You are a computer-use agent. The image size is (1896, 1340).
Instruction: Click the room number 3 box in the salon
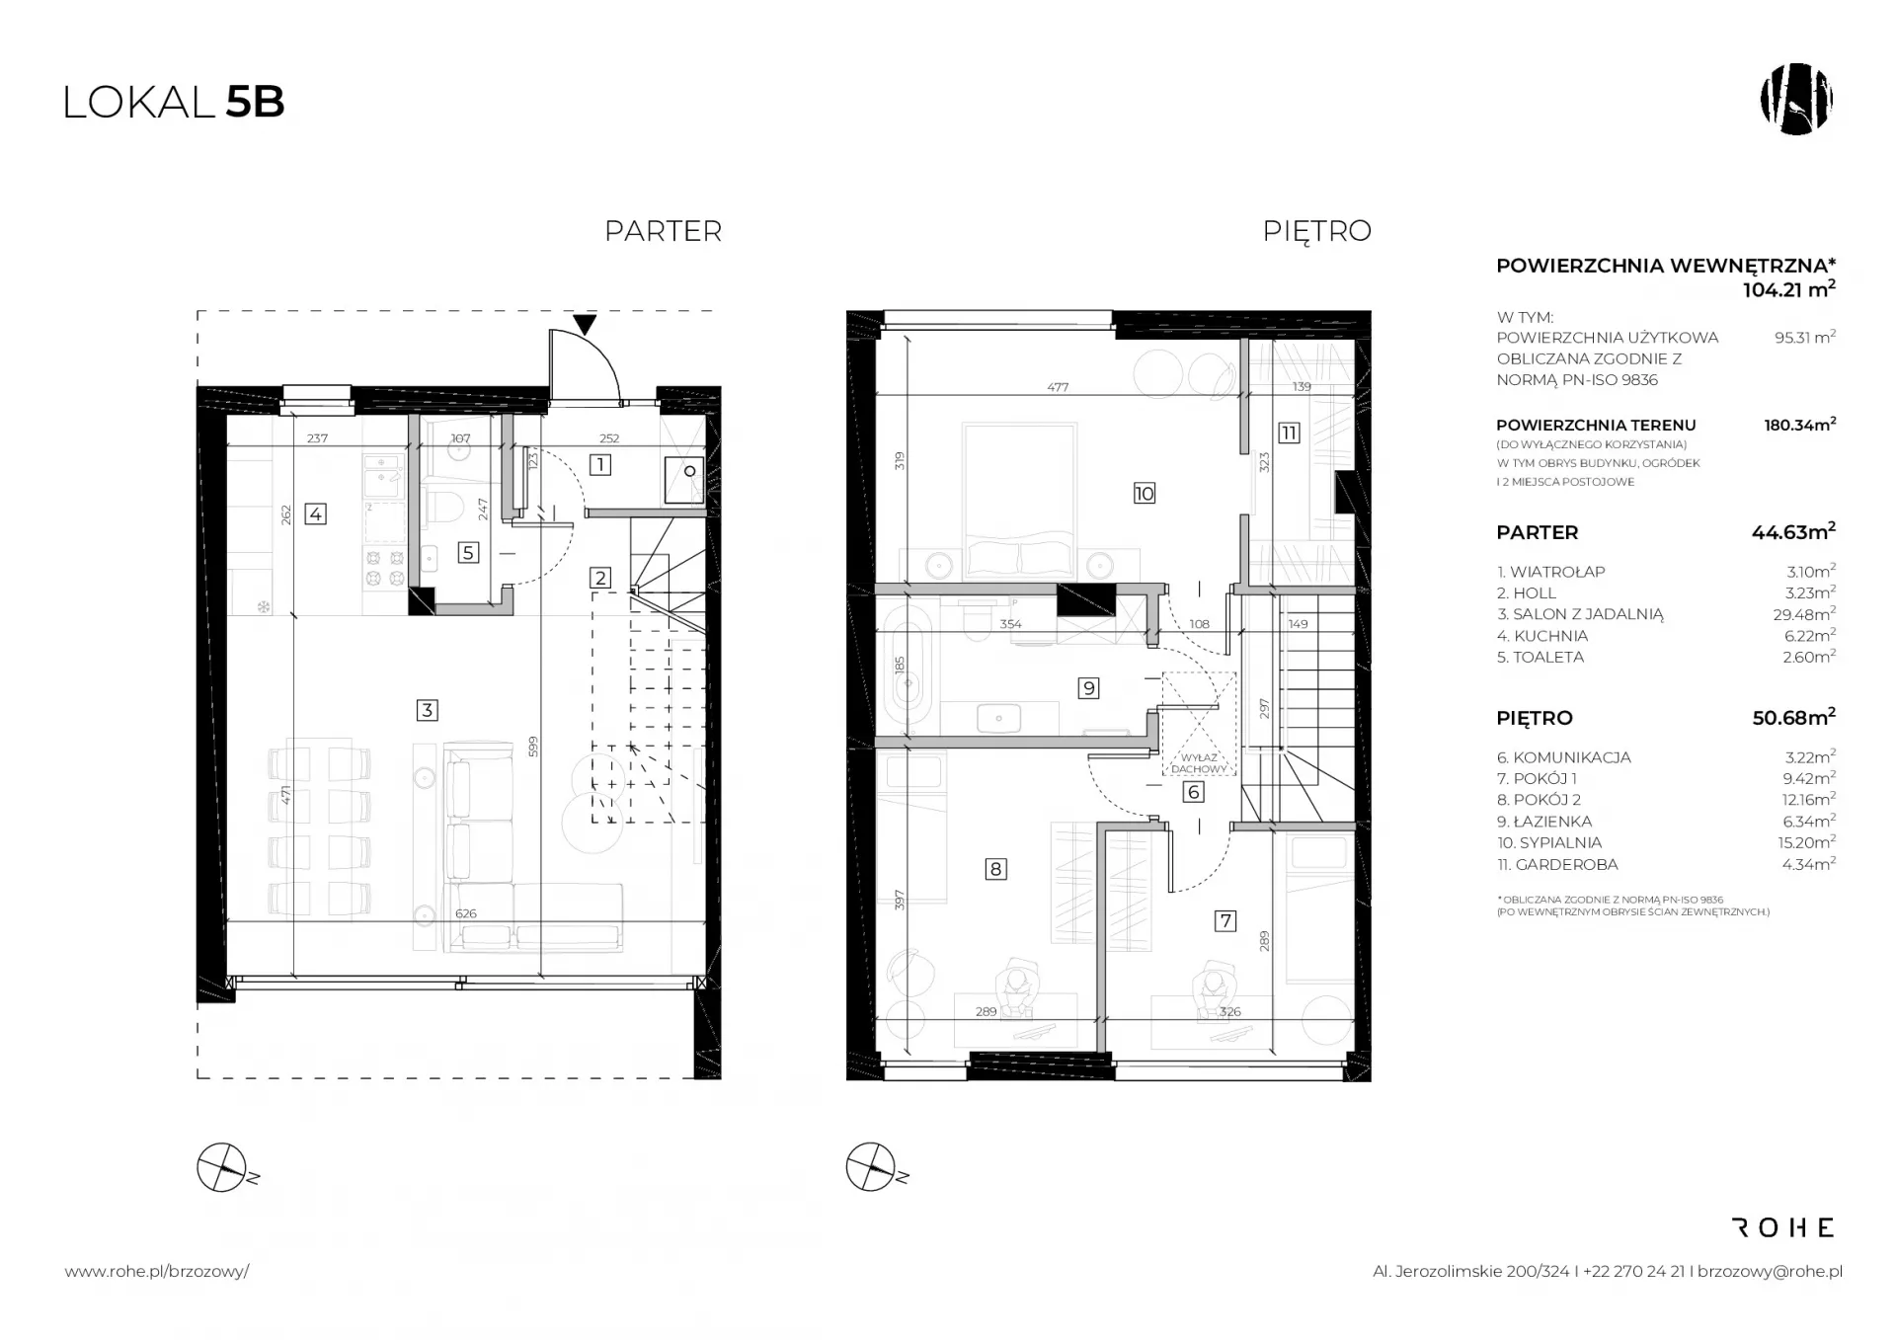click(427, 709)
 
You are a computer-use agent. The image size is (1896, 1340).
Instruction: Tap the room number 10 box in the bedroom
click(1145, 493)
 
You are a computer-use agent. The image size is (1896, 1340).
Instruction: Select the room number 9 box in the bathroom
click(1088, 687)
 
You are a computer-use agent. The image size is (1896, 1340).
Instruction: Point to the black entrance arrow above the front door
click(586, 324)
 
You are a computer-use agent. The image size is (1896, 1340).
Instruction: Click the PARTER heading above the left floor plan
click(664, 231)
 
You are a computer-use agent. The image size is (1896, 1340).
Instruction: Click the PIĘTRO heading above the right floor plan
click(1317, 231)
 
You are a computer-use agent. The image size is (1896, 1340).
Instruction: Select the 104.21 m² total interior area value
click(1788, 289)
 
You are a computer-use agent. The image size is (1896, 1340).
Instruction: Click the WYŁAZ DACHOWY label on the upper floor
click(1199, 762)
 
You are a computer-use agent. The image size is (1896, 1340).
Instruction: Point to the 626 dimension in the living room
click(465, 913)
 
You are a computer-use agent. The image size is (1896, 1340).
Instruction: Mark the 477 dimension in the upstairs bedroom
click(1058, 387)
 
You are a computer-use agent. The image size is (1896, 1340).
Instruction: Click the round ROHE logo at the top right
click(1796, 100)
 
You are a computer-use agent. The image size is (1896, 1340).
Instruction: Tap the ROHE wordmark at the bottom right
click(1783, 1227)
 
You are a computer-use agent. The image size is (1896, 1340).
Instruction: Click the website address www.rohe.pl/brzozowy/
click(157, 1272)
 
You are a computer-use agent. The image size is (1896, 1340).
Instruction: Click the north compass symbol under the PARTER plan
click(223, 1167)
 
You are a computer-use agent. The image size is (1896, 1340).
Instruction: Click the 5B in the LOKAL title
click(255, 103)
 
